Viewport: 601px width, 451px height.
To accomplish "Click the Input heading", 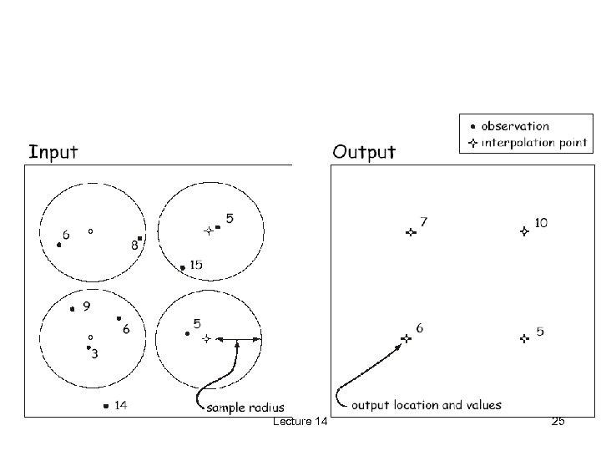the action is click(53, 152).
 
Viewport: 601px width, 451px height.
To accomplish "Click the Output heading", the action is click(364, 152).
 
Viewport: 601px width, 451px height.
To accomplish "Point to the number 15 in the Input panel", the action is click(195, 265).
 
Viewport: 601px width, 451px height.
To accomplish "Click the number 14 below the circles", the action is click(120, 406).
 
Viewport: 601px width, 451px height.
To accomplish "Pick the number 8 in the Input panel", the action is click(134, 246).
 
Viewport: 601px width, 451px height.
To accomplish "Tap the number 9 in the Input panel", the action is click(87, 307).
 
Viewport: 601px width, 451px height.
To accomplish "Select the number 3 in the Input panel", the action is click(94, 354).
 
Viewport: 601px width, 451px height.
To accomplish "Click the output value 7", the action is click(424, 222).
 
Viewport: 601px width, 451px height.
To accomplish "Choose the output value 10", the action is click(541, 223).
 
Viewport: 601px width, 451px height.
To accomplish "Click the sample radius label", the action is click(245, 407).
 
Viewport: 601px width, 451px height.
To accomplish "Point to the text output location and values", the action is click(427, 405).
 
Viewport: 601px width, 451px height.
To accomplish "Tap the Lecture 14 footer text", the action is click(300, 423).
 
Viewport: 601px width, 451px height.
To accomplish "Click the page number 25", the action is click(558, 422).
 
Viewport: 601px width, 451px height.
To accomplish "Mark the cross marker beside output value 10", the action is click(523, 231).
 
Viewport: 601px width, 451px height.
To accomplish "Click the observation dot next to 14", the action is click(105, 406).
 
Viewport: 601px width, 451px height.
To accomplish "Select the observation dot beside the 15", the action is click(183, 267).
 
